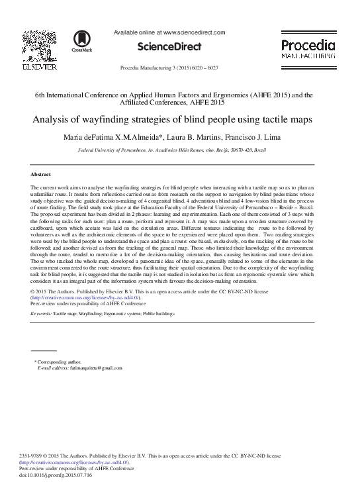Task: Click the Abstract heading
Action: coord(42,174)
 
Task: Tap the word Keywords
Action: coord(41,313)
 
